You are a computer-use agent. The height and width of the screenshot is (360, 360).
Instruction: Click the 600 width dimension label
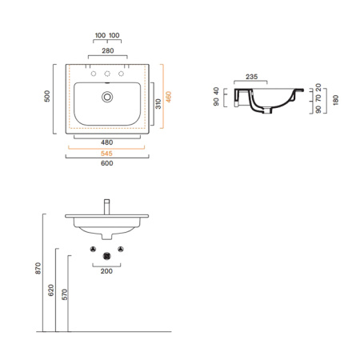tap(107, 163)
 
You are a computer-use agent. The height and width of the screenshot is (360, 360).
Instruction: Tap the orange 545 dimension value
tap(106, 154)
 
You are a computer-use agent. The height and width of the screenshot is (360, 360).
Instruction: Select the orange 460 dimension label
tap(169, 97)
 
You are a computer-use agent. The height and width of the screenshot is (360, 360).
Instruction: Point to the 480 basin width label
tap(107, 142)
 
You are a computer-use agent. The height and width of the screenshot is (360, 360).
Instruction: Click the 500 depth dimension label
tap(47, 96)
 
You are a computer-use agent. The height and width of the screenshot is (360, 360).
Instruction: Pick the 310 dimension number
tap(158, 104)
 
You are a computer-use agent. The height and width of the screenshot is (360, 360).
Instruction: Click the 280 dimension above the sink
tap(108, 50)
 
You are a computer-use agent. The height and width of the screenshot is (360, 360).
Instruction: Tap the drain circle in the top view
tap(107, 97)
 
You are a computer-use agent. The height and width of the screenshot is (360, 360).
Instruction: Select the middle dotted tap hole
tap(107, 74)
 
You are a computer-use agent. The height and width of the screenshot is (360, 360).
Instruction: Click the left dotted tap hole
tap(94, 74)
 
